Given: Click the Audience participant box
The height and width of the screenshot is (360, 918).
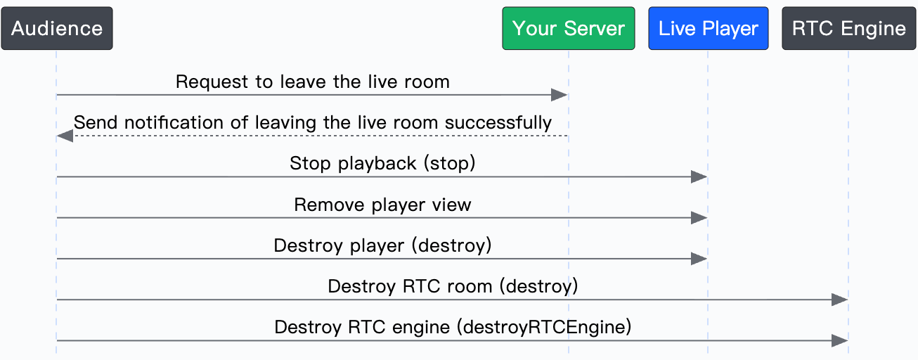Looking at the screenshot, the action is (x=57, y=28).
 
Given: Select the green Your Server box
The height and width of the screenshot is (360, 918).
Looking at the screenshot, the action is (x=569, y=28).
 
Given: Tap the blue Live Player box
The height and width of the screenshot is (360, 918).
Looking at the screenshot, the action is (x=708, y=28).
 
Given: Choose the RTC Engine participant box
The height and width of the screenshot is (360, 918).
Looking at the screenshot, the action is (x=848, y=28).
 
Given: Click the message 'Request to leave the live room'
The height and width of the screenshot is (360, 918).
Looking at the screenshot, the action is (x=313, y=82).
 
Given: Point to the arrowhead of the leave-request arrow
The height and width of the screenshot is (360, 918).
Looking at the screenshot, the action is (x=560, y=95).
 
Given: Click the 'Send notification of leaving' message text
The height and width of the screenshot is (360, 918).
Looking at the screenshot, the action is (x=313, y=122).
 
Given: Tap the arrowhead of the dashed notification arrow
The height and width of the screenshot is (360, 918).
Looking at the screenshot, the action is (x=65, y=136).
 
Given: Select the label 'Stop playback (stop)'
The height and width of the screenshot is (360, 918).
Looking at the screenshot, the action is (x=382, y=163).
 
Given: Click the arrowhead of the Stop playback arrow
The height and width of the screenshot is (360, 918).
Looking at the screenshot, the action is (x=699, y=176).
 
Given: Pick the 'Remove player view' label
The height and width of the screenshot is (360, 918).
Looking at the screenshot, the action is (x=382, y=204).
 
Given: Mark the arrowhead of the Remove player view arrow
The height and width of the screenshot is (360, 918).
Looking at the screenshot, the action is (x=699, y=218).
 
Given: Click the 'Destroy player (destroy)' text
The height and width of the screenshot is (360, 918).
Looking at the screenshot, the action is (x=382, y=245).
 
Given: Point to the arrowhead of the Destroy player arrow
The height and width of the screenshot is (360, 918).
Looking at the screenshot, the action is (x=699, y=259).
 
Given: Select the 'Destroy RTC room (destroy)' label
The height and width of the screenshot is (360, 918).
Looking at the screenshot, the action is (x=453, y=286).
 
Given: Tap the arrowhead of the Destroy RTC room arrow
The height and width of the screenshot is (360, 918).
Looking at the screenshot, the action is (x=840, y=300).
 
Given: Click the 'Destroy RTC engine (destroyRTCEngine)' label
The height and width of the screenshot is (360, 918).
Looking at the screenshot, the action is (x=453, y=327).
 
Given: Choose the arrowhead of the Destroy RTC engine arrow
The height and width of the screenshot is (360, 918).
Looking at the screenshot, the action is (x=840, y=341).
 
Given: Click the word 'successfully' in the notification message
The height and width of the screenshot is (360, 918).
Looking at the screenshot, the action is (x=498, y=122).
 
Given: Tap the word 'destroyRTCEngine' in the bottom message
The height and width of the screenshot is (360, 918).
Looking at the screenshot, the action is (x=544, y=327).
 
